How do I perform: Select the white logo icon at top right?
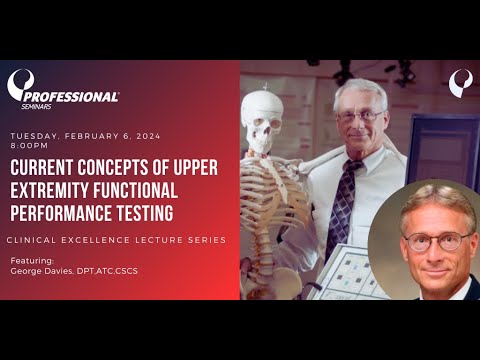460,81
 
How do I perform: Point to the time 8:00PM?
30,143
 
